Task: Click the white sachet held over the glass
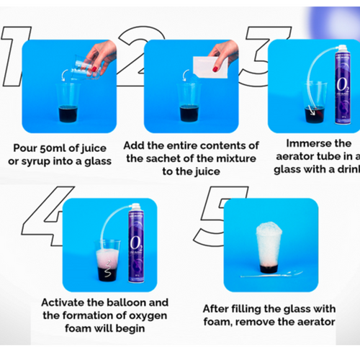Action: (211, 66)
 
